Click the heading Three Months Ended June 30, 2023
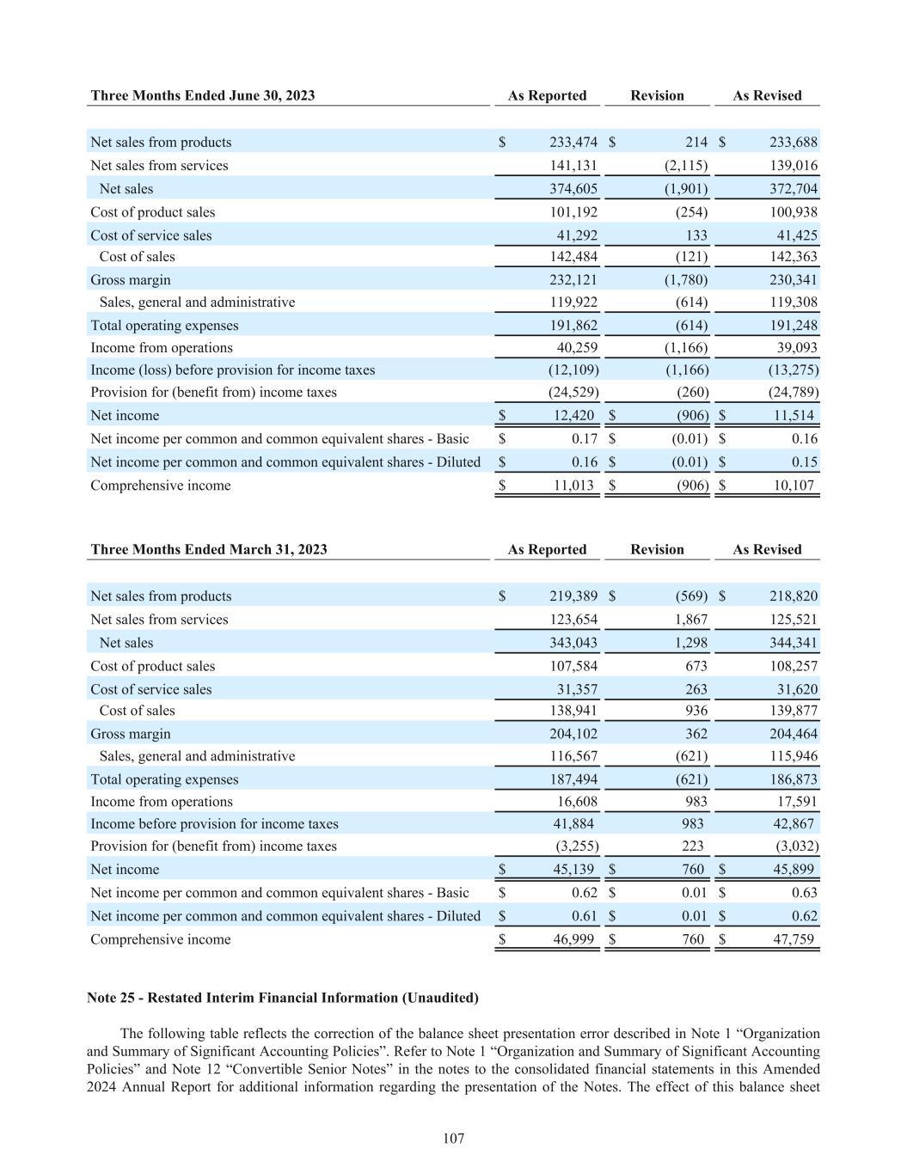click(x=203, y=95)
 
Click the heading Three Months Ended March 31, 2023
click(x=209, y=549)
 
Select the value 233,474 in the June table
click(x=573, y=143)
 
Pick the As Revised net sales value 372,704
click(x=794, y=189)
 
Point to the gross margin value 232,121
click(x=573, y=280)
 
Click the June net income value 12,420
click(x=573, y=416)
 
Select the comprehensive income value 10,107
click(x=792, y=486)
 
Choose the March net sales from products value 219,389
click(x=573, y=596)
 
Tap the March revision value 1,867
click(x=689, y=620)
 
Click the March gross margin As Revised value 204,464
click(x=794, y=734)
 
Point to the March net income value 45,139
click(x=573, y=870)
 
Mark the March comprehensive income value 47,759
click(x=792, y=939)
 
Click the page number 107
click(x=454, y=1139)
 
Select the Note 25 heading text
click(x=283, y=998)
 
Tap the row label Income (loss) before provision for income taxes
click(x=233, y=370)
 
